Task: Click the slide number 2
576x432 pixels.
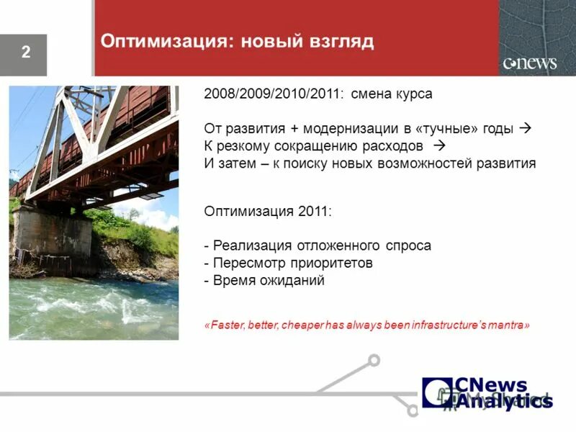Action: [x=26, y=53]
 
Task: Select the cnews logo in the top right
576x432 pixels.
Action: [x=530, y=63]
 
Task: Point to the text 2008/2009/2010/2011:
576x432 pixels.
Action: [x=274, y=94]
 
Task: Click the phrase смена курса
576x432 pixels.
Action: [x=392, y=94]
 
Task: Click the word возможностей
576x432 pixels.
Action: [x=420, y=163]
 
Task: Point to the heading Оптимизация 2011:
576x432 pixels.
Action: [x=268, y=211]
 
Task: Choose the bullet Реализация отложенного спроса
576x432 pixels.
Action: [x=318, y=246]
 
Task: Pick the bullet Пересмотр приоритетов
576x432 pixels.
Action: [x=289, y=263]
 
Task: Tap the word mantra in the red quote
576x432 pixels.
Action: [x=509, y=325]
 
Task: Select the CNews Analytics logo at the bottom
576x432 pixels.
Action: [x=487, y=393]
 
